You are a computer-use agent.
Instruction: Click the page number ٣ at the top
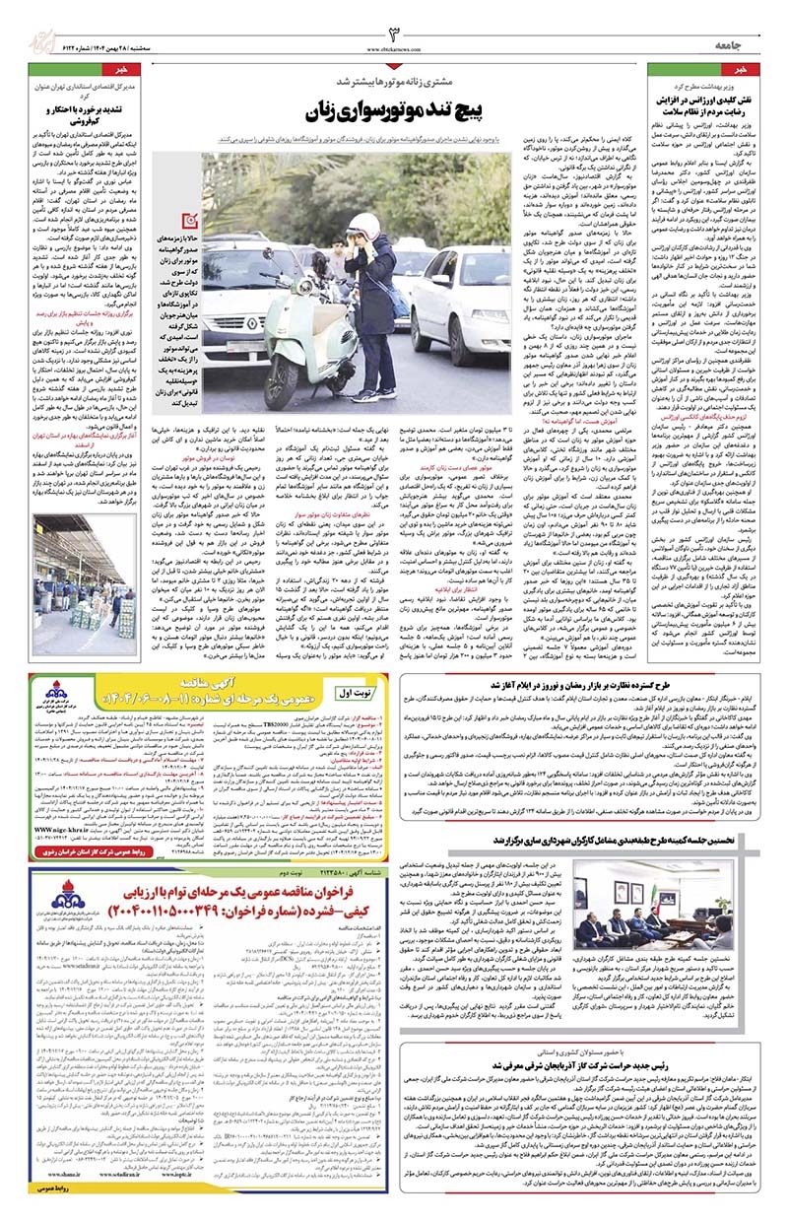393,34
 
